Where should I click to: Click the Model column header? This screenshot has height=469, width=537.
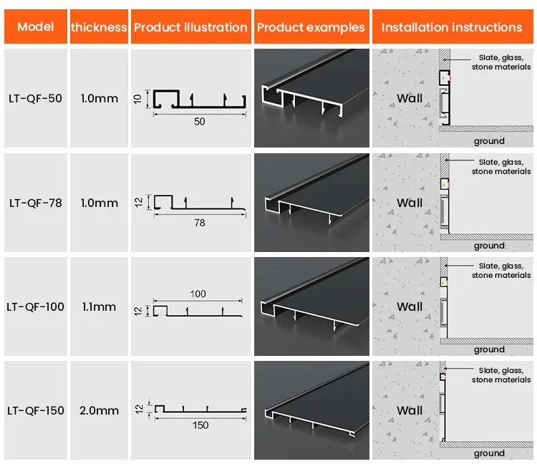[35, 27]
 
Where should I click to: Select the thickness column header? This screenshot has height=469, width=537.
[99, 27]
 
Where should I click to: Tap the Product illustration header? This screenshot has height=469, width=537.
[190, 27]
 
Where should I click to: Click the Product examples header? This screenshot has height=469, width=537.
[311, 27]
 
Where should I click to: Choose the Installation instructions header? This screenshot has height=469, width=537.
[452, 27]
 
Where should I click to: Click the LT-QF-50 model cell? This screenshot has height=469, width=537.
[35, 99]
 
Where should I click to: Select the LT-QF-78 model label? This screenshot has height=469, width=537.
[35, 203]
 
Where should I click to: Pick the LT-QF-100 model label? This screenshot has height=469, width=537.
[35, 306]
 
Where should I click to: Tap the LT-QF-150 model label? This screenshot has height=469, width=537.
[35, 410]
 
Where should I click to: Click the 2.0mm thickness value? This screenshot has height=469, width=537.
[100, 410]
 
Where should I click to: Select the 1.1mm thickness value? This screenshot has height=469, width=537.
[100, 306]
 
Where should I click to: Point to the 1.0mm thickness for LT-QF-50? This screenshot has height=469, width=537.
[100, 99]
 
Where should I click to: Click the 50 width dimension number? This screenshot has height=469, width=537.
[199, 122]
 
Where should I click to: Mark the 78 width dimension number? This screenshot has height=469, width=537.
[199, 223]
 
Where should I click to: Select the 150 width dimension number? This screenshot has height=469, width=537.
[200, 425]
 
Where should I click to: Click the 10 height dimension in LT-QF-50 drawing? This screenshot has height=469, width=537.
[137, 98]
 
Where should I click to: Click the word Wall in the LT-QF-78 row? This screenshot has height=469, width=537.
[410, 203]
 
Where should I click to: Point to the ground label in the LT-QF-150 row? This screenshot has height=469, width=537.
[489, 453]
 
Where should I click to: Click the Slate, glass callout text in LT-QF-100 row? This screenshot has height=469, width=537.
[501, 270]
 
